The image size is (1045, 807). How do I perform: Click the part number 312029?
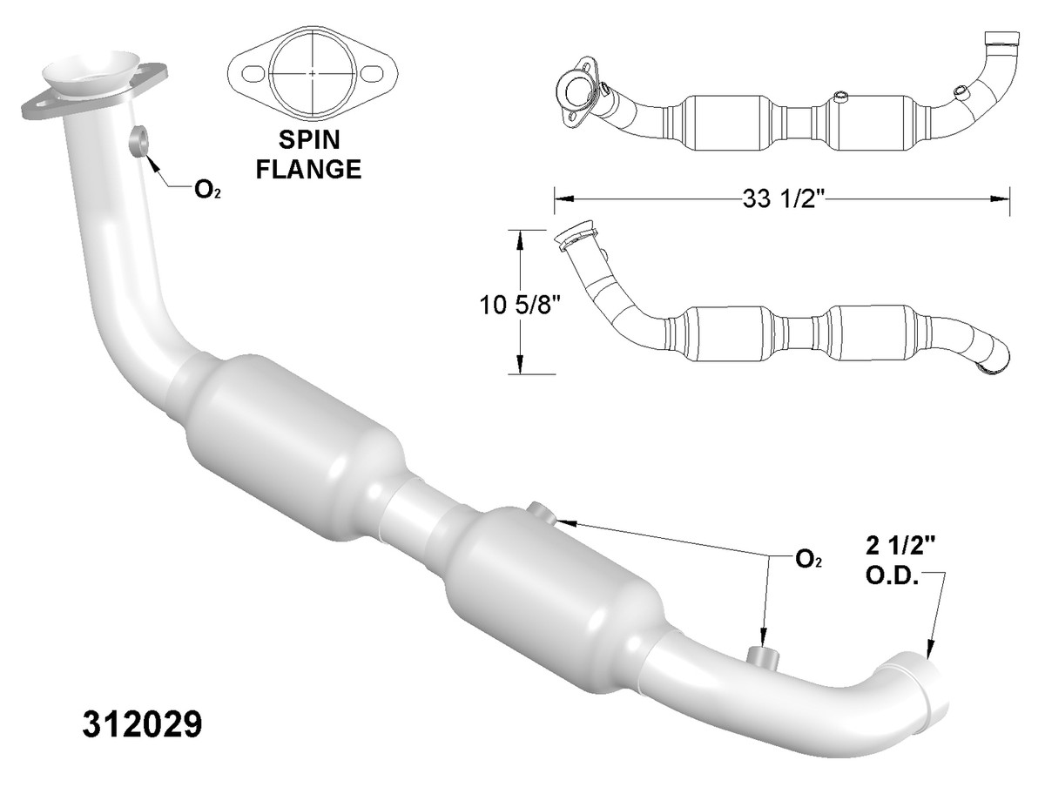pyautogui.click(x=144, y=724)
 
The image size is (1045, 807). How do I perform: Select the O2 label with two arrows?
pyautogui.click(x=807, y=559)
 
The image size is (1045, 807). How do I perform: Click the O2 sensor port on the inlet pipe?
pyautogui.click(x=138, y=140)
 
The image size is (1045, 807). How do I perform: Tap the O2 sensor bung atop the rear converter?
pyautogui.click(x=539, y=514)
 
